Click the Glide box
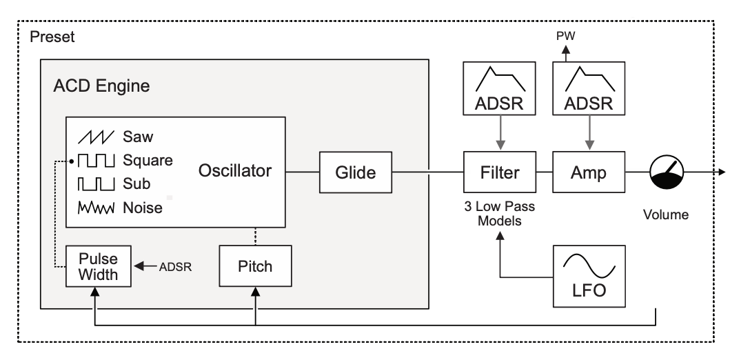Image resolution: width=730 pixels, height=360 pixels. pyautogui.click(x=355, y=172)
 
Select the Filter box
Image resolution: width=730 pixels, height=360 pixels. pyautogui.click(x=500, y=172)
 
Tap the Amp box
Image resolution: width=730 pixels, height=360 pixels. pyautogui.click(x=588, y=172)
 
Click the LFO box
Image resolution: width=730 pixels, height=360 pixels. pyautogui.click(x=589, y=276)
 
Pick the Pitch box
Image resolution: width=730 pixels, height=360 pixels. pyautogui.click(x=255, y=266)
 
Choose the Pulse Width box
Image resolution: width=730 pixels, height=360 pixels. pyautogui.click(x=97, y=266)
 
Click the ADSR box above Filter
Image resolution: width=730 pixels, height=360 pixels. pyautogui.click(x=500, y=89)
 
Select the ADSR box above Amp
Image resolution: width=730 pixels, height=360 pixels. pyautogui.click(x=588, y=89)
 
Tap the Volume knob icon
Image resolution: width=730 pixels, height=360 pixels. pyautogui.click(x=666, y=172)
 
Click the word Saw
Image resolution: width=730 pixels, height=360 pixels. pyautogui.click(x=139, y=137)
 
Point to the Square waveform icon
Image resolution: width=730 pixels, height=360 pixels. pyautogui.click(x=97, y=161)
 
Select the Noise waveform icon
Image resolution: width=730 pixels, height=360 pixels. pyautogui.click(x=97, y=207)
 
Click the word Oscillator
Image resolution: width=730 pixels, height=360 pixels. pyautogui.click(x=235, y=171)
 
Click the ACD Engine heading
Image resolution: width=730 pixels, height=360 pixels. pyautogui.click(x=101, y=87)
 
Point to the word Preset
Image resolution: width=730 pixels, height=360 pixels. pyautogui.click(x=52, y=37)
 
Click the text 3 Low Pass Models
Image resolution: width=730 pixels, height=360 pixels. pyautogui.click(x=500, y=214)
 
